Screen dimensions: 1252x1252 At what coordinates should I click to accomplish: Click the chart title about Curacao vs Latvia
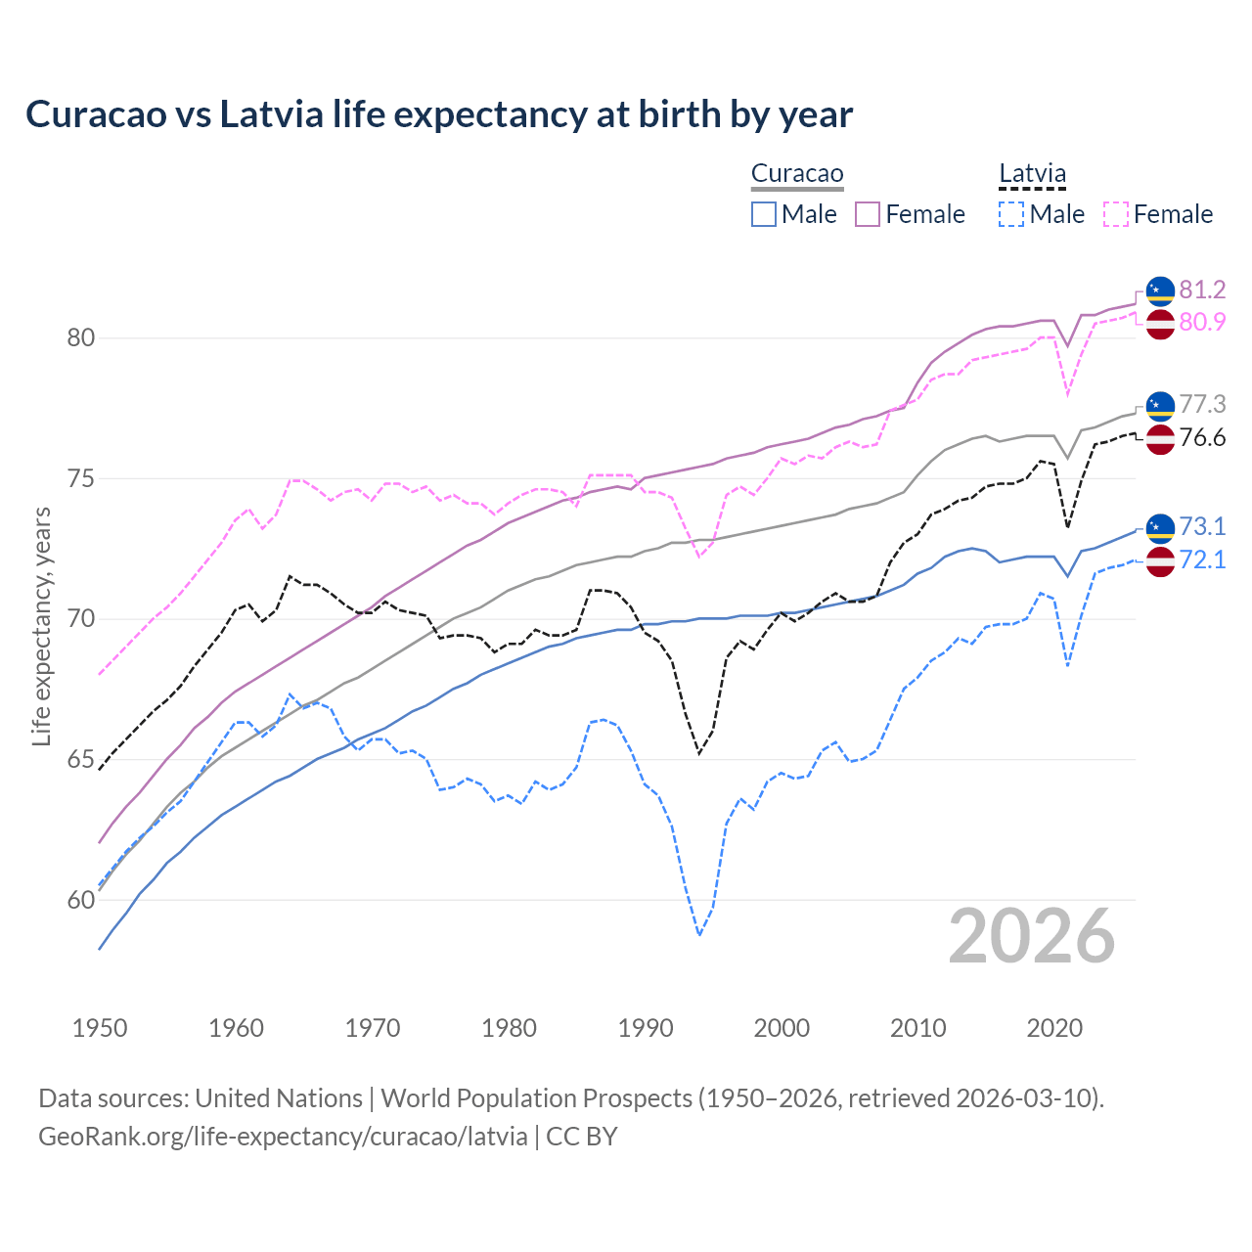coord(439,114)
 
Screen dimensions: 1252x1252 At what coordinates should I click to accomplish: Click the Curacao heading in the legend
coord(797,174)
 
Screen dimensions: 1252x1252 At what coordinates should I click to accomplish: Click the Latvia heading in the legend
coord(1032,174)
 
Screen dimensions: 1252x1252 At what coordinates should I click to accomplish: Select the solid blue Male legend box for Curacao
coord(764,214)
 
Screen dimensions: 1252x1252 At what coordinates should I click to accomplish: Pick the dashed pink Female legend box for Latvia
coord(1116,214)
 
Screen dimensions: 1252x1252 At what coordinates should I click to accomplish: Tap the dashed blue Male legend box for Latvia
coord(1011,214)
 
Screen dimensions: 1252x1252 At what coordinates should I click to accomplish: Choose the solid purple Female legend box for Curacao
coord(868,214)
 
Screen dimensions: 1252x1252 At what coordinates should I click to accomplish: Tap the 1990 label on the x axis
coord(646,1028)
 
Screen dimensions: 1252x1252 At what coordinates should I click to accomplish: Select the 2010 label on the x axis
coord(917,1028)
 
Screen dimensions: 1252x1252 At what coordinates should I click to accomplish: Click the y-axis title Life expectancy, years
coord(42,626)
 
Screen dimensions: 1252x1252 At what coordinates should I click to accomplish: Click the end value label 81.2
coord(1202,290)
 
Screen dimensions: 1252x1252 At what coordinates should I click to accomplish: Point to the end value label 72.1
coord(1202,559)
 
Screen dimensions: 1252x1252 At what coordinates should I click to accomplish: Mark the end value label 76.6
coord(1202,437)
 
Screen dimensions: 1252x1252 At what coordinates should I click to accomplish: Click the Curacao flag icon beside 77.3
coord(1160,405)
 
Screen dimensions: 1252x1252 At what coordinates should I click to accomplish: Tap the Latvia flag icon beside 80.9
coord(1160,323)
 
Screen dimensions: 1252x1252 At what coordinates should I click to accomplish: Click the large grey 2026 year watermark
coord(1032,936)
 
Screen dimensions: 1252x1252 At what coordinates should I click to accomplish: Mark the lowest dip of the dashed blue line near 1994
coord(699,935)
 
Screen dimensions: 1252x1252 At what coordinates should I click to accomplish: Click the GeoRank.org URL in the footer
coord(283,1137)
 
